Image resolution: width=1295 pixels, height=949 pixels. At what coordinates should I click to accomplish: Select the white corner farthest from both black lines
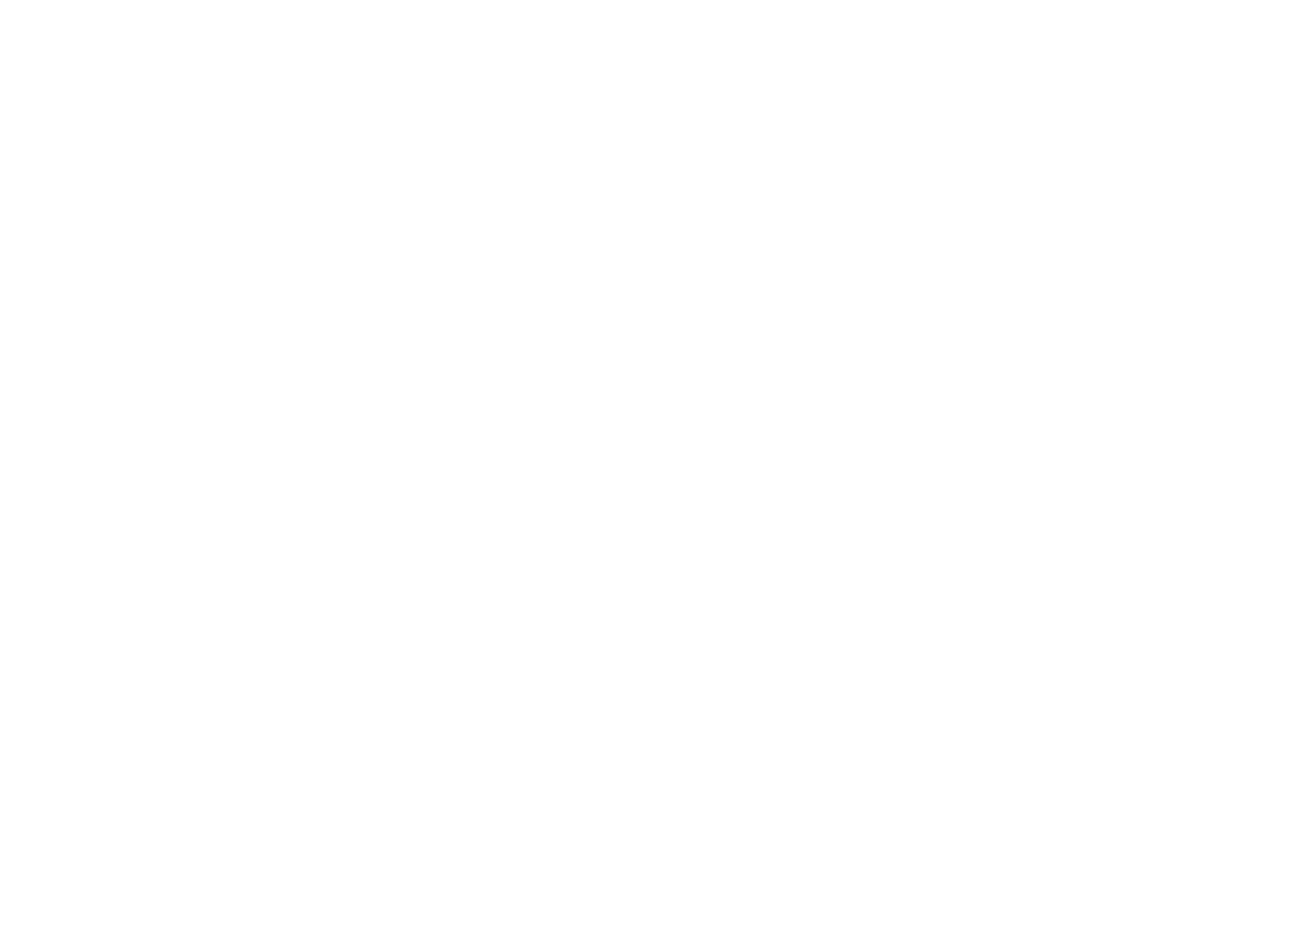pyautogui.click(x=1294, y=0)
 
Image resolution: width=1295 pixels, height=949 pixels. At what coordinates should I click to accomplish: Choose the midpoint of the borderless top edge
pyautogui.click(x=647, y=0)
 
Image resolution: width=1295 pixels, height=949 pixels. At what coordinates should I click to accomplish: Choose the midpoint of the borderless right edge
pyautogui.click(x=1294, y=474)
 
